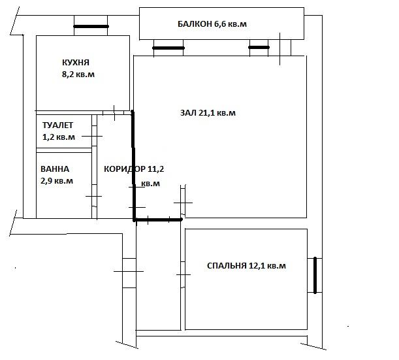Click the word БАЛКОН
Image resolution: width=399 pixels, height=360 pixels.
195,24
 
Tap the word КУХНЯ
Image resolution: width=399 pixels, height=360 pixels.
76,63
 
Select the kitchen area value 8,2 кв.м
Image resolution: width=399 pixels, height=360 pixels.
78,74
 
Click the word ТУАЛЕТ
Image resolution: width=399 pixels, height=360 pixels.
57,125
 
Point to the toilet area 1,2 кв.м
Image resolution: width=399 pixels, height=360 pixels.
59,137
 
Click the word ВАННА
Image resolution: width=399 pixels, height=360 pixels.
55,169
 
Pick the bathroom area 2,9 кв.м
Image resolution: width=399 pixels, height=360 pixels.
57,181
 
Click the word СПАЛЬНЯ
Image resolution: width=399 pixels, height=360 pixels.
227,266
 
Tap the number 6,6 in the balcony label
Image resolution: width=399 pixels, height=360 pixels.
219,24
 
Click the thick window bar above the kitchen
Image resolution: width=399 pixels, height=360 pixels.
91,27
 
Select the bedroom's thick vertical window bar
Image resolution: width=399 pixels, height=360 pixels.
315,276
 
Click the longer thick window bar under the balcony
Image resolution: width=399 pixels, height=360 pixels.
168,48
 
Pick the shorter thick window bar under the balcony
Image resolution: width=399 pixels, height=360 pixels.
259,47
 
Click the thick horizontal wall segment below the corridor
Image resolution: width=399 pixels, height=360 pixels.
158,220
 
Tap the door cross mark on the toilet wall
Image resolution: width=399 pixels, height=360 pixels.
92,136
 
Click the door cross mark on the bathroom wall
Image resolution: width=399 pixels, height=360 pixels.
93,196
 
